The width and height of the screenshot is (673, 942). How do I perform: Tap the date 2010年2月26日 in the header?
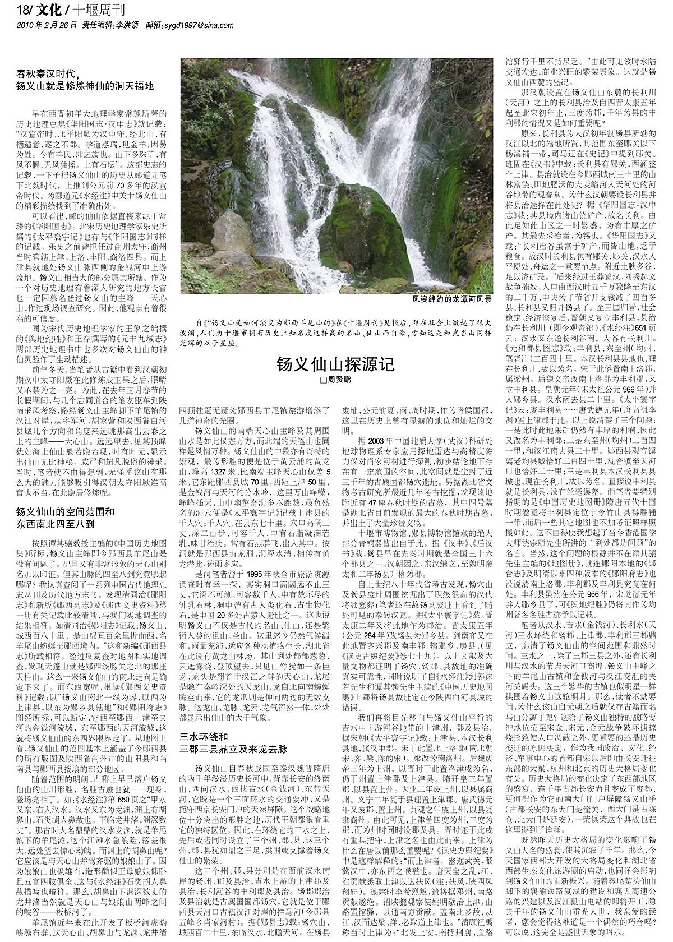[47, 25]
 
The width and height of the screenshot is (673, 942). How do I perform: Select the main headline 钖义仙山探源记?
[335, 365]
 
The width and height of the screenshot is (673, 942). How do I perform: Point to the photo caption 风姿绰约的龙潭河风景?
[452, 300]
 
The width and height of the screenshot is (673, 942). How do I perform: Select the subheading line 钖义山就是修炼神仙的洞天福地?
[85, 86]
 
